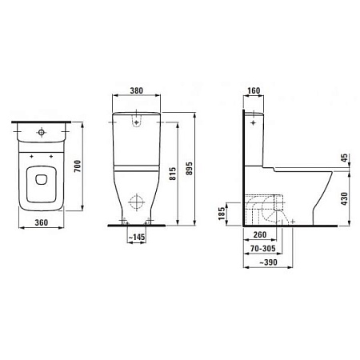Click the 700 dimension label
[78, 166]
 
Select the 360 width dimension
[42, 222]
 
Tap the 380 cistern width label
[137, 90]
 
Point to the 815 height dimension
[173, 174]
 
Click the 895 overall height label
[189, 169]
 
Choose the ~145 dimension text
[137, 237]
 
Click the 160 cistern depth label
[254, 90]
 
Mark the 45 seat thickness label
[345, 158]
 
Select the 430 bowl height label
[345, 199]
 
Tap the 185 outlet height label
[222, 214]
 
